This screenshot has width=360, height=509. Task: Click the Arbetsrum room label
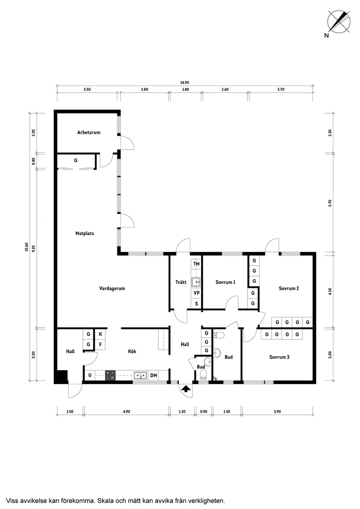(x=89, y=133)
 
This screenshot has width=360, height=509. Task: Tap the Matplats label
(x=85, y=233)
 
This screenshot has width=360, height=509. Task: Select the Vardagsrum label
(x=112, y=288)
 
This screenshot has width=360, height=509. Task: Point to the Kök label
(x=132, y=351)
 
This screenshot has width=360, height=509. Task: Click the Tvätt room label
(x=181, y=282)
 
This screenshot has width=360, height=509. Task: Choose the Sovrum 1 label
(x=226, y=282)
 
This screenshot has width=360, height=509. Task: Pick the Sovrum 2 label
(x=289, y=288)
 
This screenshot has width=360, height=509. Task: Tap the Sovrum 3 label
(x=279, y=357)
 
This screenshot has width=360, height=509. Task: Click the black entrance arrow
(x=186, y=389)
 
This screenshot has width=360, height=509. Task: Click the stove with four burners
(x=110, y=376)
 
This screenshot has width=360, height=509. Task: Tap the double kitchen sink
(x=141, y=376)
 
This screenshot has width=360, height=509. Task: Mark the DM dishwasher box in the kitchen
(x=154, y=376)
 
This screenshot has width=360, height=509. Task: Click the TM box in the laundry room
(x=196, y=264)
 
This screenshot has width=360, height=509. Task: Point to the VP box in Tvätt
(x=196, y=293)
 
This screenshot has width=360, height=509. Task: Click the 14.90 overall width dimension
(x=185, y=83)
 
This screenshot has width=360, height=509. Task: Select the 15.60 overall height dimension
(x=27, y=247)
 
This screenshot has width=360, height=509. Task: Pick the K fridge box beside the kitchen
(x=100, y=334)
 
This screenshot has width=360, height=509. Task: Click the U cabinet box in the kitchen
(x=90, y=376)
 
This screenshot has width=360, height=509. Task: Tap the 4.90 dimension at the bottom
(x=127, y=412)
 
